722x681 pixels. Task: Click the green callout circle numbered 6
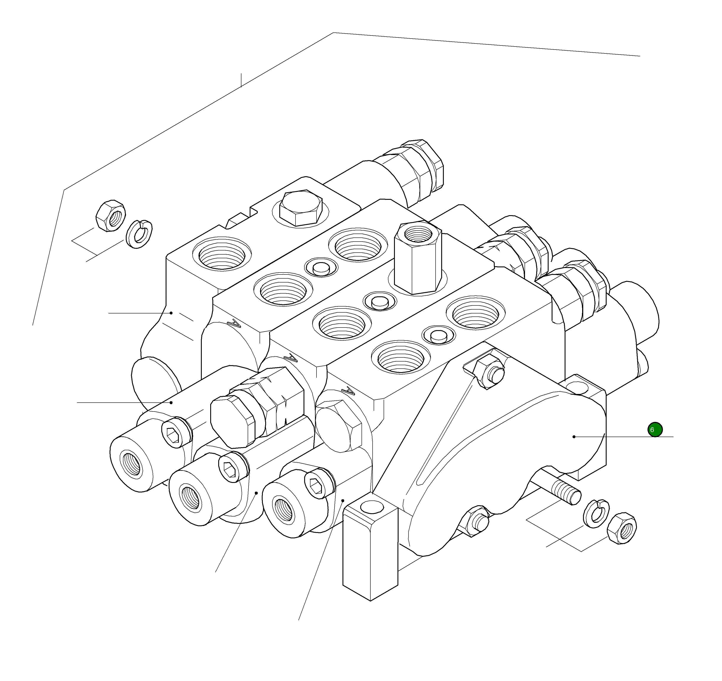coord(655,430)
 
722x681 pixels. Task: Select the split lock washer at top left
coord(139,234)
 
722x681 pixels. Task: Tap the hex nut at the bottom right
coord(622,528)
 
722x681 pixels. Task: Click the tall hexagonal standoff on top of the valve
coord(418,259)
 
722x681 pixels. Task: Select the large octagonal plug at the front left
coord(233,420)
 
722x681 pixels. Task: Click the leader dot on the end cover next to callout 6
coord(574,437)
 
